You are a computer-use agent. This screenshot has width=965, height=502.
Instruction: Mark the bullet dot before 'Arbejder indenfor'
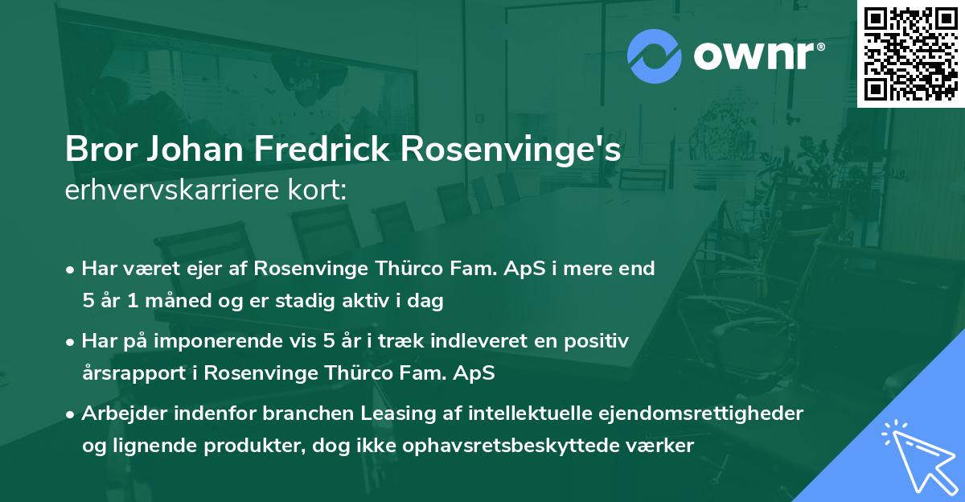pos(72,414)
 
